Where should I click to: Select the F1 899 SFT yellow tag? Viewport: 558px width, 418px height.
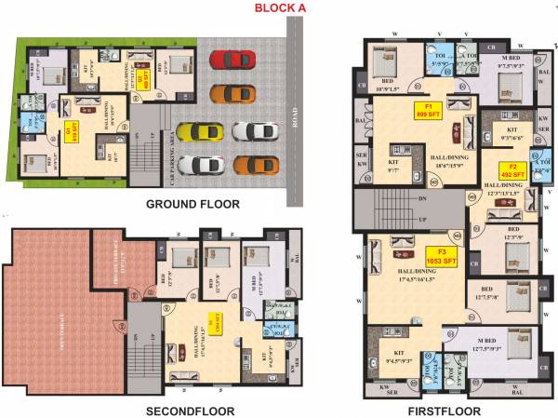428,112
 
